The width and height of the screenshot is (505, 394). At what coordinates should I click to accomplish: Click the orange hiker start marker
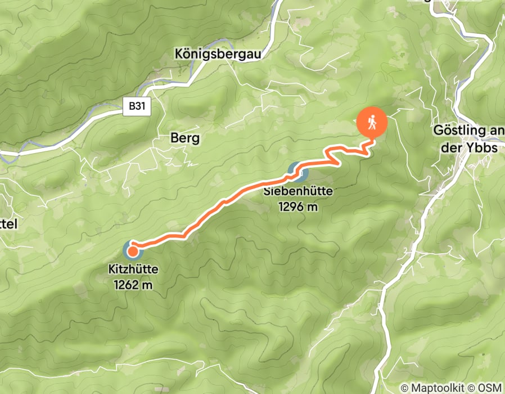[372, 122]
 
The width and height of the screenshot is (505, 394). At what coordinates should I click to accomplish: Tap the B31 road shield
[137, 105]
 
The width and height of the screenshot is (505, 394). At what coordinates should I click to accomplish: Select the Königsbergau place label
[219, 55]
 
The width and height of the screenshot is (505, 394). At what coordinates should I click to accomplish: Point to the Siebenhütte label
[298, 191]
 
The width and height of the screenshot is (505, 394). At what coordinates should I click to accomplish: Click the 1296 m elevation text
[298, 207]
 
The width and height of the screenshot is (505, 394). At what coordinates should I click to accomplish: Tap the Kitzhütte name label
[133, 270]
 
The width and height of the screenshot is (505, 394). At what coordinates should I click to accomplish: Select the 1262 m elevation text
[133, 285]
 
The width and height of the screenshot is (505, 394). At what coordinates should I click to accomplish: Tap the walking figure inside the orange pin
[372, 121]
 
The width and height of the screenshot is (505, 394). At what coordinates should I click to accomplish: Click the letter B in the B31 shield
[132, 105]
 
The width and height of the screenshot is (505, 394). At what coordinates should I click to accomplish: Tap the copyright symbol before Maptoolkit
[404, 388]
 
